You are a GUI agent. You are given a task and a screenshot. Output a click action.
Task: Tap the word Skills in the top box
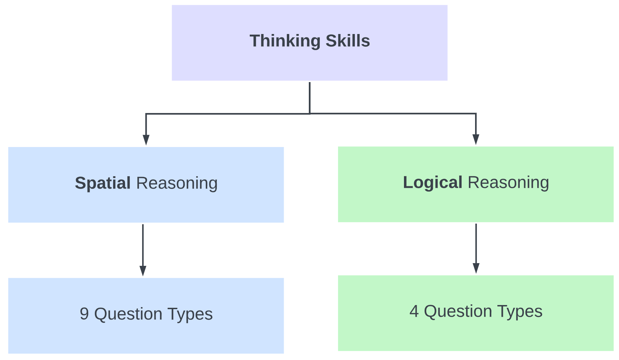[x=348, y=41]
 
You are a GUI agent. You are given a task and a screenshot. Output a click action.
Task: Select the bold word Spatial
[x=103, y=183]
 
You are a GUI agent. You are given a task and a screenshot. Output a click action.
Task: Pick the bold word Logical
[x=432, y=182]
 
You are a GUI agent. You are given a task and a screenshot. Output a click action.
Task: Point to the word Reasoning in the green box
[x=508, y=183]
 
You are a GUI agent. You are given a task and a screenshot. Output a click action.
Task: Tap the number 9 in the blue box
[x=85, y=314]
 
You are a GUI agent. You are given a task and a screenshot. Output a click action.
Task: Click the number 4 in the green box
[x=414, y=311]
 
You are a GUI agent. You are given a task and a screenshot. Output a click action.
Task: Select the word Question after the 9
[x=128, y=314]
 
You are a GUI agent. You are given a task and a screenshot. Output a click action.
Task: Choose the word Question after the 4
[x=458, y=311]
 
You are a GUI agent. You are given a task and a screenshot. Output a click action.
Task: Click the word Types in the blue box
[x=190, y=314]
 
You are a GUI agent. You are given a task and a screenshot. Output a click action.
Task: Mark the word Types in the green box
[x=520, y=312]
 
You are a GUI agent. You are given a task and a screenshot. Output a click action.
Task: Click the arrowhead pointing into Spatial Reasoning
[x=146, y=140]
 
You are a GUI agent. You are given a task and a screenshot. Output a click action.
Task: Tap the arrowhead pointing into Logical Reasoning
[x=476, y=139]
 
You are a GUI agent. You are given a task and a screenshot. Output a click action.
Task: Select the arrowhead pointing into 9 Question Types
[x=143, y=271]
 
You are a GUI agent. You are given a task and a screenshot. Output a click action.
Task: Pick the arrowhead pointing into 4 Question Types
[x=476, y=268]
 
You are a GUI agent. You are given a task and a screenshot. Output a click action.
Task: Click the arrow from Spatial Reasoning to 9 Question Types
[x=143, y=250]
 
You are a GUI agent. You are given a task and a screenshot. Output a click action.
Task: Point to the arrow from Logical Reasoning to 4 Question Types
[x=476, y=249]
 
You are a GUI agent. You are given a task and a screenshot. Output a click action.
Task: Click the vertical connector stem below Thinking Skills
[x=310, y=98]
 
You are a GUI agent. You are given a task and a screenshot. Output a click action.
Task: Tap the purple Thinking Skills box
[x=309, y=43]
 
